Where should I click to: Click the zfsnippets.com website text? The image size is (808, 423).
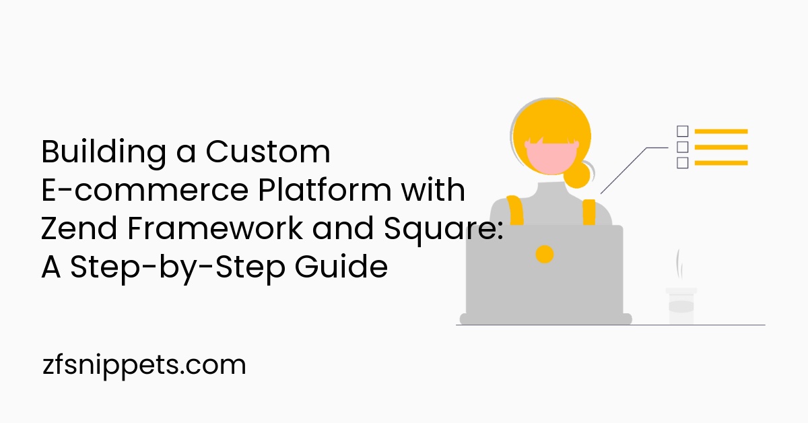point(143,366)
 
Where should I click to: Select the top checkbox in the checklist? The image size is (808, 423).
point(682,131)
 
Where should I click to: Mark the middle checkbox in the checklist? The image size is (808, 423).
point(682,147)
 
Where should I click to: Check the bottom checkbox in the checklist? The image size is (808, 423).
point(682,162)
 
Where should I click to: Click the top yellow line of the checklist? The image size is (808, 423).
point(720,131)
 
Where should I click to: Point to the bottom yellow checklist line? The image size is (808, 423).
point(720,162)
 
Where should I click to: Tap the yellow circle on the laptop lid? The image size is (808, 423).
point(544,254)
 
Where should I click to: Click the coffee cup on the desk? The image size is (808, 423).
point(681,306)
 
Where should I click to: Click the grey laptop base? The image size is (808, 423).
point(545,319)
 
